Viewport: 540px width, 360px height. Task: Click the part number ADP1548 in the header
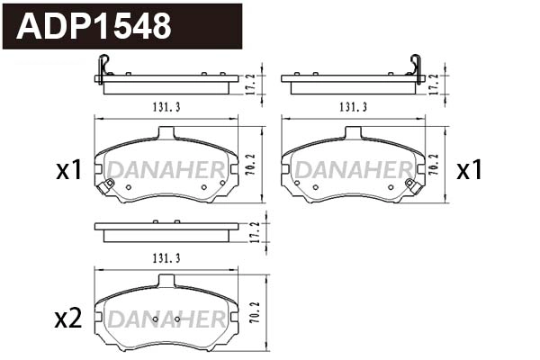pos(94,26)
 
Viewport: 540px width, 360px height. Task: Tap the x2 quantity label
pos(68,318)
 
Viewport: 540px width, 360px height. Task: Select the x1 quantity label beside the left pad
pos(68,169)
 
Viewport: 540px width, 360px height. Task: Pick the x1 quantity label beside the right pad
pos(469,169)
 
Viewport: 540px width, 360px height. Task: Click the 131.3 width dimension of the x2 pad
pos(166,258)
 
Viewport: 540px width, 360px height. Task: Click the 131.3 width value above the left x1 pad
pos(166,107)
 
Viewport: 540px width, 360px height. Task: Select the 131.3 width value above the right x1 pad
pos(354,107)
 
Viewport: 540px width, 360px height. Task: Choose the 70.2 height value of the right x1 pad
pos(435,166)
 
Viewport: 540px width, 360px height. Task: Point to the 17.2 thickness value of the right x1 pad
pos(435,82)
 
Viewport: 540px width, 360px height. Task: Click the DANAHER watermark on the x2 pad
pos(166,320)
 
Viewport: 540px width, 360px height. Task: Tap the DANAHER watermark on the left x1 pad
pos(166,169)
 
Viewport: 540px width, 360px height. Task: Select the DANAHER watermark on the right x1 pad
pos(354,169)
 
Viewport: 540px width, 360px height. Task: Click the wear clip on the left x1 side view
pos(103,68)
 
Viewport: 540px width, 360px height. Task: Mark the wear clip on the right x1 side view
pos(416,68)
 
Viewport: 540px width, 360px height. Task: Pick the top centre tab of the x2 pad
pos(166,281)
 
